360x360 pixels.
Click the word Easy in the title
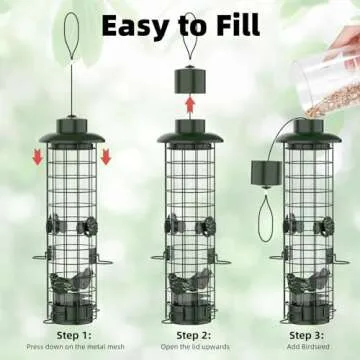[137, 24]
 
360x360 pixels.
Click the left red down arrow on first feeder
[37, 156]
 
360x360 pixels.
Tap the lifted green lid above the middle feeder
[189, 79]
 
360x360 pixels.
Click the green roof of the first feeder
[70, 131]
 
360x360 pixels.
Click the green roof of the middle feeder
[189, 131]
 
